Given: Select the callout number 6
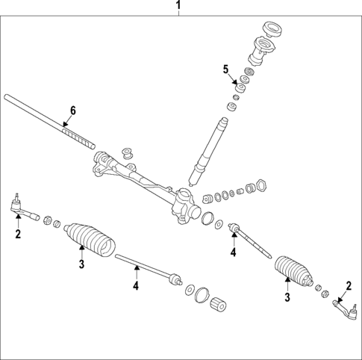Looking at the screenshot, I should (72, 111).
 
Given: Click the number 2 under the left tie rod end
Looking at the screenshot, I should (18, 234).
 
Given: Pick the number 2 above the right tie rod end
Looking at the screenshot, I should (348, 284).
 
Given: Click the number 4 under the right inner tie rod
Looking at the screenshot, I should (233, 252).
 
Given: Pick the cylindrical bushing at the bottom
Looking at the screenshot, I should (219, 305).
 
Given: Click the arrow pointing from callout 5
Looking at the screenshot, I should (234, 76).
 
